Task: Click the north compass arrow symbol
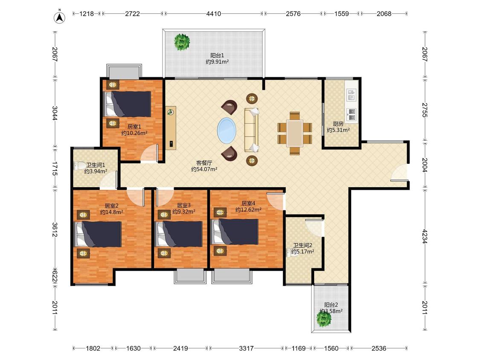60,17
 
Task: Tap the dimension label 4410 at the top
214,14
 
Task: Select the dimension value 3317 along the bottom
247,348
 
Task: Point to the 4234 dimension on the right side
424,236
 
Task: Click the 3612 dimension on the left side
55,229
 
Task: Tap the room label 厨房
338,124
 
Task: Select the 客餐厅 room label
204,163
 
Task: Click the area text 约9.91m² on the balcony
217,62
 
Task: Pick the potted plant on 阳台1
182,42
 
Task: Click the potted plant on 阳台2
324,319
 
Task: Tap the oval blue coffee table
227,130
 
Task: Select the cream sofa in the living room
251,130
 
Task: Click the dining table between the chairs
295,133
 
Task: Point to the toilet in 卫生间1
79,165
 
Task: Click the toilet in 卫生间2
291,253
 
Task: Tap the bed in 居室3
179,234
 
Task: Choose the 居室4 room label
248,203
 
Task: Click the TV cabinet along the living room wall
171,128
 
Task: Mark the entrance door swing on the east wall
399,174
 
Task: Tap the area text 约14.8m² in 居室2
112,212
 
